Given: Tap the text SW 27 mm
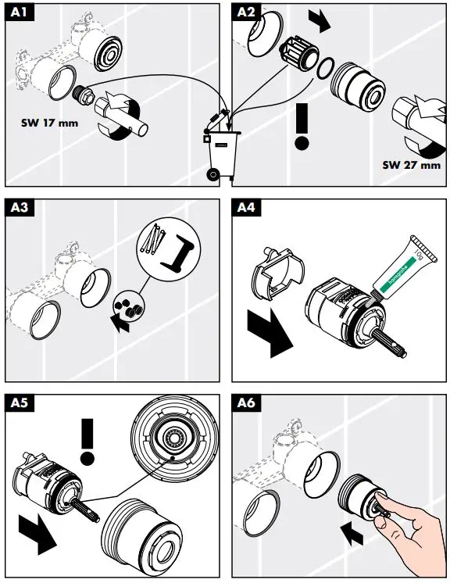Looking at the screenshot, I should pyautogui.click(x=412, y=165).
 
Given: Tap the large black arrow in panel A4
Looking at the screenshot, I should pyautogui.click(x=268, y=332).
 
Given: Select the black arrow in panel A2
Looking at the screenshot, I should pyautogui.click(x=319, y=18).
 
